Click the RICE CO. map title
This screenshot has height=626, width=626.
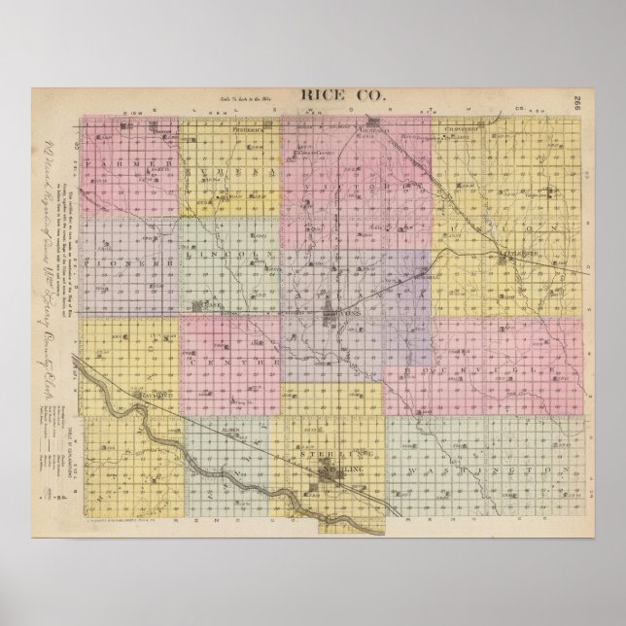331,95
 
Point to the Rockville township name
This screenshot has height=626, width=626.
496,365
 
